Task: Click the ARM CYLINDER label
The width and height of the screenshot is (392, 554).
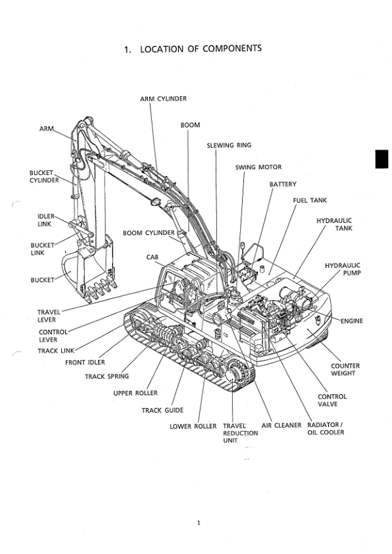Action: [x=163, y=99]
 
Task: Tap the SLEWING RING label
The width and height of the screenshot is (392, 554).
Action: [x=229, y=145]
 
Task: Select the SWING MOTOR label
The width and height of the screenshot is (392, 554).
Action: [x=258, y=167]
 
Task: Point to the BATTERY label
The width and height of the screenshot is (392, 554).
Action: [x=283, y=184]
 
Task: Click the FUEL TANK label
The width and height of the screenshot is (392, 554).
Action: [x=310, y=200]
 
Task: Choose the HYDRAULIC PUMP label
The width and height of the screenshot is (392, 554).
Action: [x=343, y=269]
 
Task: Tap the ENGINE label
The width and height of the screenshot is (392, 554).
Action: [x=352, y=321]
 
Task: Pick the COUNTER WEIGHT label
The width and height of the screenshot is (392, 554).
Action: [x=345, y=369]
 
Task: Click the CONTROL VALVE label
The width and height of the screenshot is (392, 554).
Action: [x=332, y=400]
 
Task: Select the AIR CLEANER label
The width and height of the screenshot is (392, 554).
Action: [x=282, y=426]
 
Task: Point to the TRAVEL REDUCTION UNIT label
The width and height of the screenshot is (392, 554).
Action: [x=240, y=433]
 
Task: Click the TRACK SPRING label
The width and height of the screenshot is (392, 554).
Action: [x=107, y=376]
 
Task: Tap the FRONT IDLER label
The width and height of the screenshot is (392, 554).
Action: [x=85, y=363]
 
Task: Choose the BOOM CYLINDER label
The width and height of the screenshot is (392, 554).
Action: [x=149, y=233]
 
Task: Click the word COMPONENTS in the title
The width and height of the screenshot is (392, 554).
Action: [x=232, y=49]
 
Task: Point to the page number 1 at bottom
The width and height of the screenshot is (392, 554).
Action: [x=199, y=523]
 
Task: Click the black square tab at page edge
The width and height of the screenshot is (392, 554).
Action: [x=381, y=159]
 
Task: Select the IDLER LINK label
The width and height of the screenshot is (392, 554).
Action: [x=46, y=220]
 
